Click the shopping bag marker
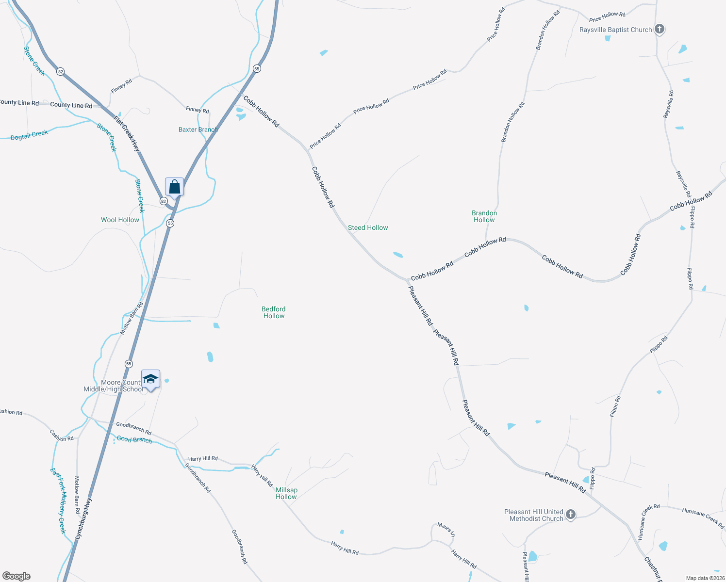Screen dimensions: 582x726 [x=174, y=187]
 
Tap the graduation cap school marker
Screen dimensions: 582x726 [x=150, y=379]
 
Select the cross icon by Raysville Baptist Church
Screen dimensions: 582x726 [x=659, y=29]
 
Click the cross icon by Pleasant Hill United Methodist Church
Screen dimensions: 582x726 [x=571, y=515]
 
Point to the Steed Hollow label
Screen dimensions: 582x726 [x=368, y=227]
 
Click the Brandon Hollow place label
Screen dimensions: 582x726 [x=484, y=216]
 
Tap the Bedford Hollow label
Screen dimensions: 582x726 [x=274, y=312]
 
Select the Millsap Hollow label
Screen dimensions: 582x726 [x=286, y=493]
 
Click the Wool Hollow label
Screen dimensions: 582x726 [x=120, y=220]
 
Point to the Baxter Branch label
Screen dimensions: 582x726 [x=198, y=129]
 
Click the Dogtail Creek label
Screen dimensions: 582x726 [x=30, y=135]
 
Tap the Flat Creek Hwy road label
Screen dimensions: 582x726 [x=127, y=134]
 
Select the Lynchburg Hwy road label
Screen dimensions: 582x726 [x=83, y=519]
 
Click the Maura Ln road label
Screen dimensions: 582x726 [x=446, y=529]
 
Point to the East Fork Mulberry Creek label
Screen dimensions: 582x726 [x=58, y=501]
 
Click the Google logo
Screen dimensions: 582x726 [x=16, y=576]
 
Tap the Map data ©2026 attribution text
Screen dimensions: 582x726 [x=705, y=578]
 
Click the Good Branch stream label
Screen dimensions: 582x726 [x=134, y=439]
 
